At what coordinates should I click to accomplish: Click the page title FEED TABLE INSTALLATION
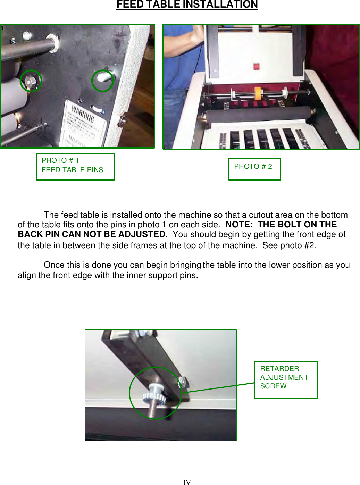point(187,5)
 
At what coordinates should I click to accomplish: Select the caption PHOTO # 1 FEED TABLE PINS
point(75,167)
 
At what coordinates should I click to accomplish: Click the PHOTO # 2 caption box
point(254,169)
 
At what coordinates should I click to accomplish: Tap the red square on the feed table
point(256,66)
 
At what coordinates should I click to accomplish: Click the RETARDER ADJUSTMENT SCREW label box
point(285,379)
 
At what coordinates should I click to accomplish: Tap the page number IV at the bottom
point(187,482)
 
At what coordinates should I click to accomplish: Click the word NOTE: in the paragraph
point(239,225)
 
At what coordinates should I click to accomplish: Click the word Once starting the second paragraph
point(54,265)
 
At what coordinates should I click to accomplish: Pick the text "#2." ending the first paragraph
point(310,245)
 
